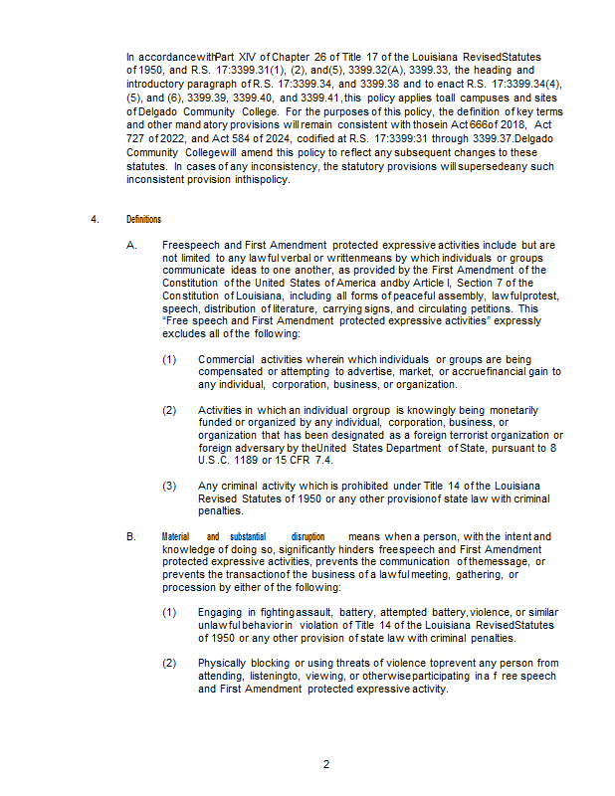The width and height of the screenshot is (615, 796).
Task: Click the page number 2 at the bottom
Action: [x=325, y=764]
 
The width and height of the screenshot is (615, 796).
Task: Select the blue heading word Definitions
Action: [x=143, y=220]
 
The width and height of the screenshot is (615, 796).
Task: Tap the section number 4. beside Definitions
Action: [x=94, y=220]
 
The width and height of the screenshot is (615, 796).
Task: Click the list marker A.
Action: [x=131, y=245]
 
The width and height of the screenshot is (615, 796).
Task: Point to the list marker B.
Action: [x=131, y=537]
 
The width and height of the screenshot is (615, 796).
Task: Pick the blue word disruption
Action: [x=307, y=537]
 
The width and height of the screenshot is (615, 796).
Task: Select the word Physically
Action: [x=224, y=663]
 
